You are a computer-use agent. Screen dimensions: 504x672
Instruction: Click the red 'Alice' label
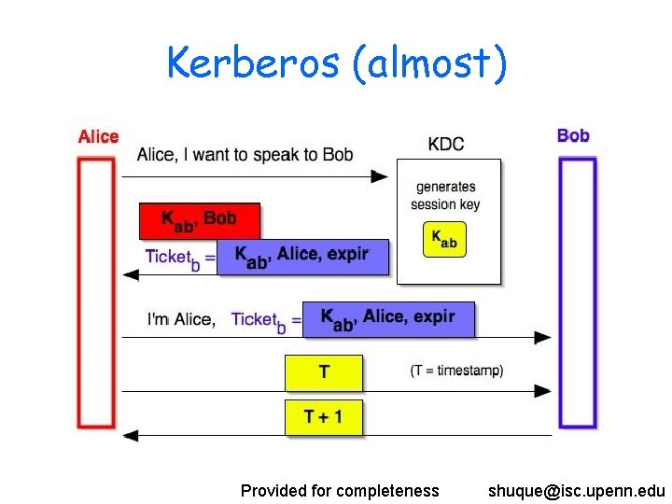click(98, 137)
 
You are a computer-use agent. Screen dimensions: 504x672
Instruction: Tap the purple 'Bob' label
click(573, 136)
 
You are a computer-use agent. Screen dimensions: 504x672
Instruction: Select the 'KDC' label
click(445, 144)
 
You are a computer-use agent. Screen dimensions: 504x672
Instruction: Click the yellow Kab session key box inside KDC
click(444, 239)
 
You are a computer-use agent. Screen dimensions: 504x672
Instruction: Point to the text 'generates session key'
click(445, 196)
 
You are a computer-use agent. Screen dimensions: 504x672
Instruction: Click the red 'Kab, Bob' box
click(200, 220)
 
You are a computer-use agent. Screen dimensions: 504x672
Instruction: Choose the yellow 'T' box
click(323, 372)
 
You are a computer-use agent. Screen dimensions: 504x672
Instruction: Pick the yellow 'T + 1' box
click(323, 416)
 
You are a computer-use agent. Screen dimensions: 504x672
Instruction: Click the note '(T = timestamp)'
click(456, 371)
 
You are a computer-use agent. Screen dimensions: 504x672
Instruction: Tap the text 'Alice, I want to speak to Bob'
click(245, 154)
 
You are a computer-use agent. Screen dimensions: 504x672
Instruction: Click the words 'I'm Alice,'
click(181, 319)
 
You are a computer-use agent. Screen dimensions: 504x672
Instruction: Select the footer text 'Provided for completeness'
click(340, 490)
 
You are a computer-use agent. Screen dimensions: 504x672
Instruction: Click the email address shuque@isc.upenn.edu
click(576, 490)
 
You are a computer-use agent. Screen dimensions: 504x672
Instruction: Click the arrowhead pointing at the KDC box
click(379, 176)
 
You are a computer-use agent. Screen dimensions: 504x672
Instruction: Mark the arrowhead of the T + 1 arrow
click(131, 435)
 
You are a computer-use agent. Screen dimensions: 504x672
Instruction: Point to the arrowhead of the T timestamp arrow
click(542, 392)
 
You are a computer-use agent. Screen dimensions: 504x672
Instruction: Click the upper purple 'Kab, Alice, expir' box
click(301, 256)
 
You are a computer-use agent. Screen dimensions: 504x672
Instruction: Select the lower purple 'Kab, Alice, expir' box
click(388, 319)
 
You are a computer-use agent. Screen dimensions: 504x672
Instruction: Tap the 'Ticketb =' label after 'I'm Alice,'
click(266, 320)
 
